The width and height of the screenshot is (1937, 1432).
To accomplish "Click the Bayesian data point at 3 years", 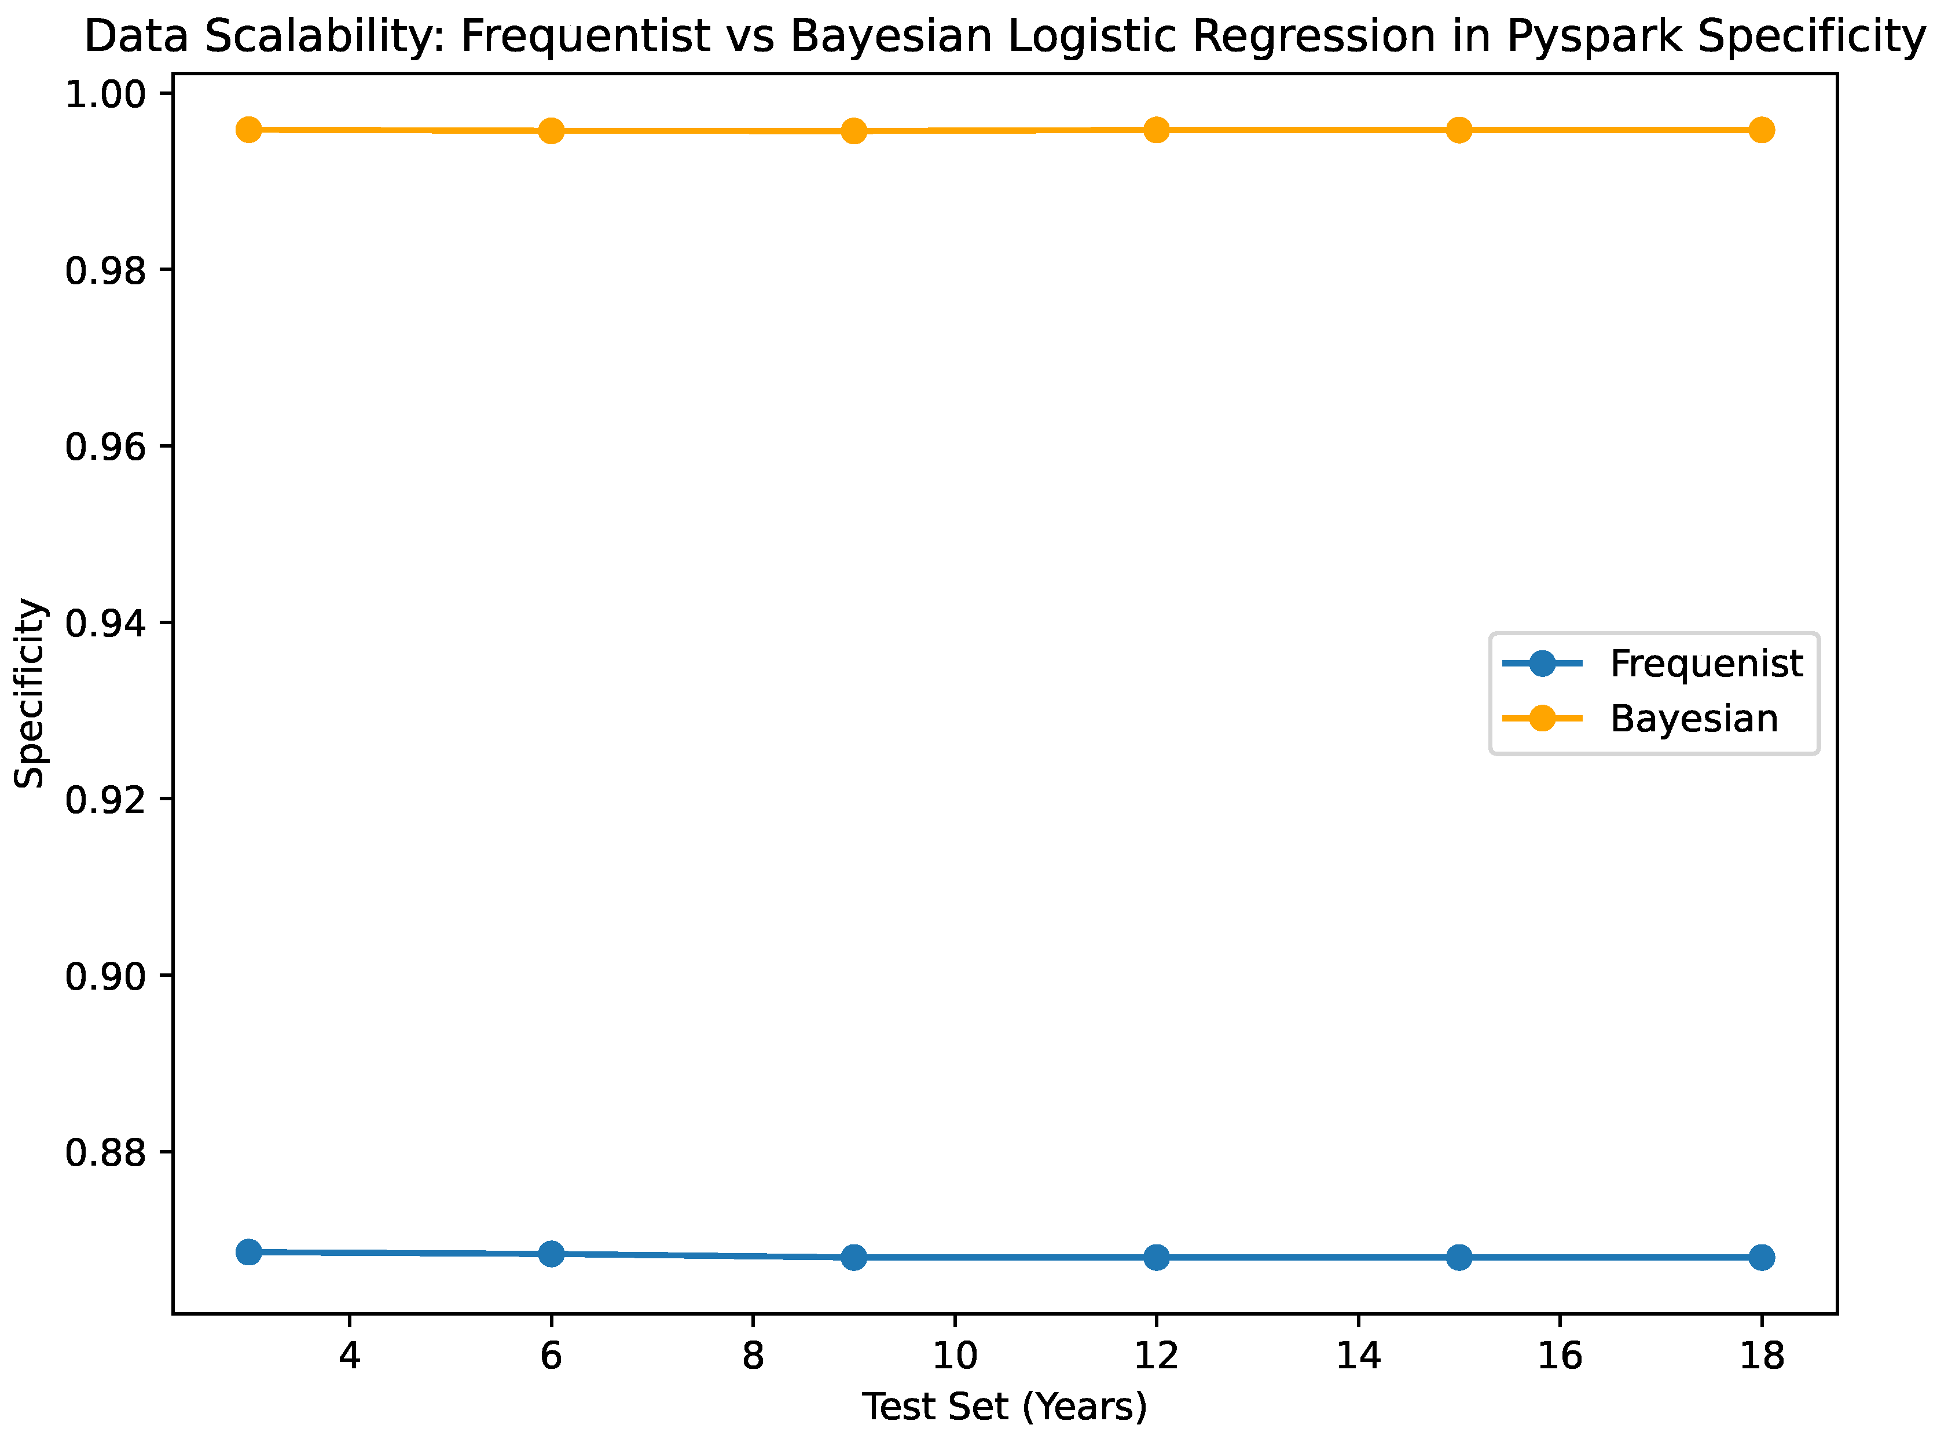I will (x=249, y=130).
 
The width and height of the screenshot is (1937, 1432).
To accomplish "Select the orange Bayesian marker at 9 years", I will (x=854, y=131).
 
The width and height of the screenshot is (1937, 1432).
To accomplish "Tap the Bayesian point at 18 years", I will (x=1761, y=130).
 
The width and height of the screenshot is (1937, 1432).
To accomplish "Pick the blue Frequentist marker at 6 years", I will (x=551, y=1254).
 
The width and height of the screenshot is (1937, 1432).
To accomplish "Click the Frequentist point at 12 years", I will (x=1156, y=1257).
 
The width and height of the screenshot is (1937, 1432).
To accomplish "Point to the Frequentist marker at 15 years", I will (x=1459, y=1257).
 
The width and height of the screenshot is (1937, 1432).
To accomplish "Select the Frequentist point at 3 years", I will (x=249, y=1252).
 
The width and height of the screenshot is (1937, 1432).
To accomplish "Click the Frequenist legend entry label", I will (x=1705, y=664).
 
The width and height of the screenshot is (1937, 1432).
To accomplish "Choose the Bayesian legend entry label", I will (x=1693, y=719).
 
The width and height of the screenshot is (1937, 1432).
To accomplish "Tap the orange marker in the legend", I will (x=1542, y=719).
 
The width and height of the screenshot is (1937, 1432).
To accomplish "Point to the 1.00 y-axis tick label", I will (x=106, y=94).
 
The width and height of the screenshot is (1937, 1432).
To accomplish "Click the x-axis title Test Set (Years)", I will (x=1004, y=1407).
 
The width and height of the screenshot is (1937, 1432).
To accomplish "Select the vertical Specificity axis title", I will (x=30, y=694).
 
